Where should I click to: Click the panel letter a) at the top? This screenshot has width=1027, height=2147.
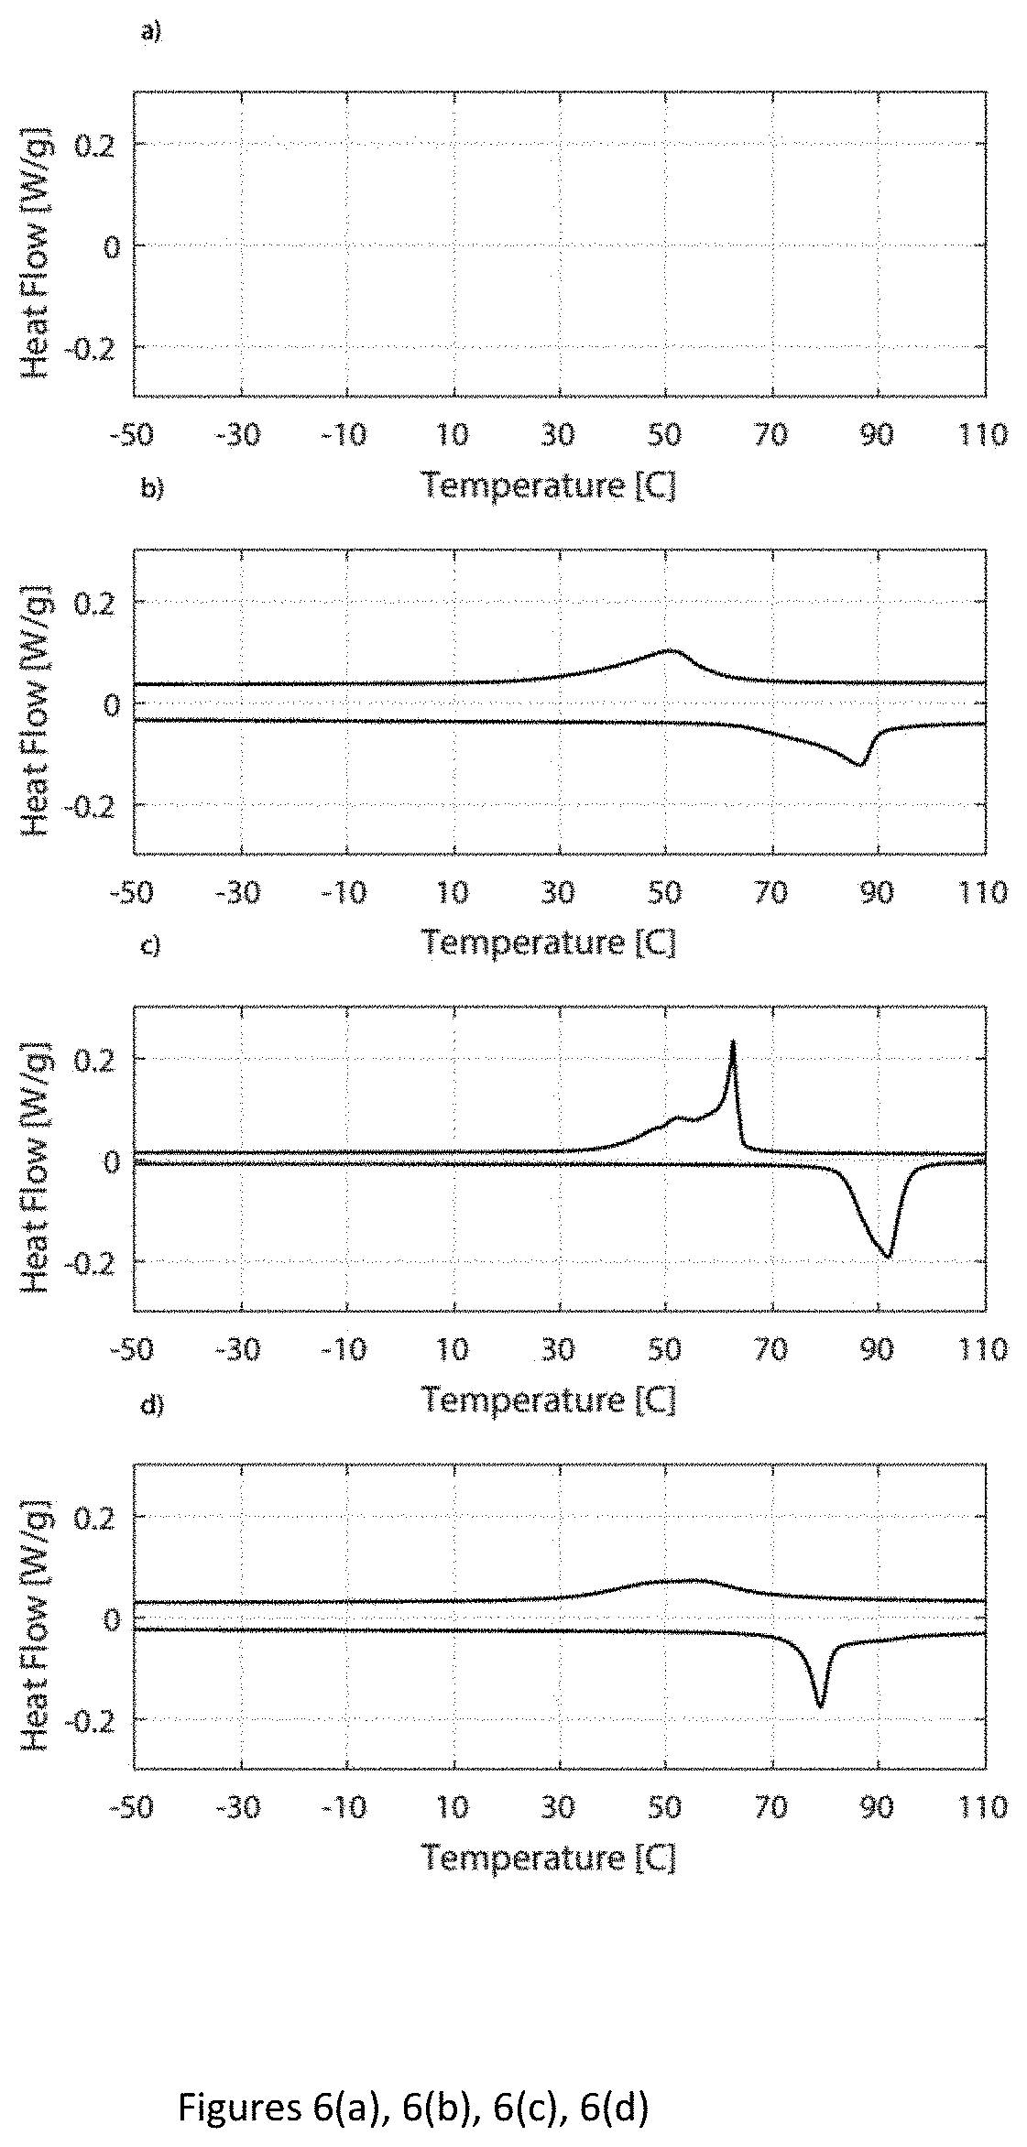pos(151,34)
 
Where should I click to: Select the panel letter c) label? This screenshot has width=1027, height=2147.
pos(151,946)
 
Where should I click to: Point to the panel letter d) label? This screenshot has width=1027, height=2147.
pos(151,1404)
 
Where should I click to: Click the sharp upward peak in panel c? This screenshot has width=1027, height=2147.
pos(733,1042)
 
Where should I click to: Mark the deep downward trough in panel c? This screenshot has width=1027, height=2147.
pos(886,1256)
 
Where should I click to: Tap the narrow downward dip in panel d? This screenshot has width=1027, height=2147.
pos(820,1706)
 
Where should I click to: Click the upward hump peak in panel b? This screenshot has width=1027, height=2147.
pos(671,651)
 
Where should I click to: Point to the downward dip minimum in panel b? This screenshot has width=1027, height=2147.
pos(859,764)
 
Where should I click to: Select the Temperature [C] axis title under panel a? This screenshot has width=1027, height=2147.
pos(549,485)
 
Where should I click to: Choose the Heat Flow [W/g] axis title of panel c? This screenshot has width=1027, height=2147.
pos(37,1160)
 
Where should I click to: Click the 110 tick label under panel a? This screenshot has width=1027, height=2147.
pos(985,433)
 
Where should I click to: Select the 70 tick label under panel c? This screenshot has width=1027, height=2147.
pos(772,1349)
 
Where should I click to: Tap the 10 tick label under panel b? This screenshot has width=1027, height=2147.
pos(453,891)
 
